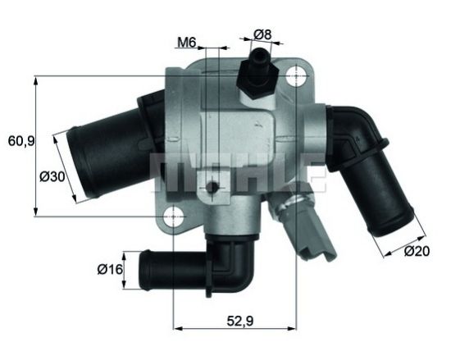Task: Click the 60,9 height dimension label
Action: tap(20, 140)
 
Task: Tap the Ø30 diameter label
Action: tap(52, 177)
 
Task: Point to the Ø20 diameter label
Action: tap(417, 252)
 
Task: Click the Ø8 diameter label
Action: tap(262, 34)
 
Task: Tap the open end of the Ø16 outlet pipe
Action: tap(144, 269)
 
